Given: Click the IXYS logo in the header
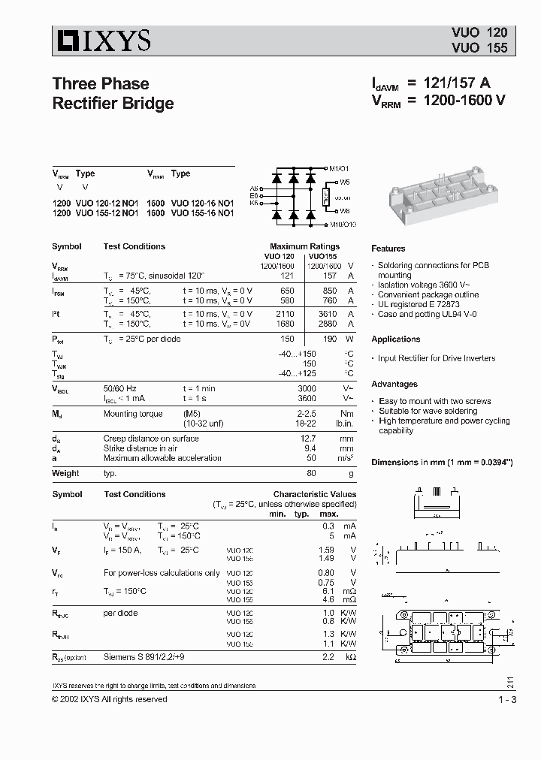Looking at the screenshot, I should (x=101, y=40).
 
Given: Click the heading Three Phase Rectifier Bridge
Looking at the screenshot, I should (x=112, y=93).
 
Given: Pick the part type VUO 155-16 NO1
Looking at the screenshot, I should (x=202, y=213).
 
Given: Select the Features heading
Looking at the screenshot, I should (x=388, y=249).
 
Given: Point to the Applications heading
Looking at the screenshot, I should (x=395, y=339).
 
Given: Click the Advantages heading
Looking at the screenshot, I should (x=394, y=384).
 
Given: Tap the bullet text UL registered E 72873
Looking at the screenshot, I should (x=425, y=304).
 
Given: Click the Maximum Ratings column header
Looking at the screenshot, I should (x=304, y=246).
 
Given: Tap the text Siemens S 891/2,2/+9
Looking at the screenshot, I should (x=144, y=657).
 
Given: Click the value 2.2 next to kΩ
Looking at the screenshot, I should (x=327, y=657).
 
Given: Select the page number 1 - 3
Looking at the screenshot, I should (x=506, y=700).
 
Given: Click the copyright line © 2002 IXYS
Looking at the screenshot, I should (x=110, y=699).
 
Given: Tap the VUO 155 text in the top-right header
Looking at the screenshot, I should (x=479, y=47).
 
